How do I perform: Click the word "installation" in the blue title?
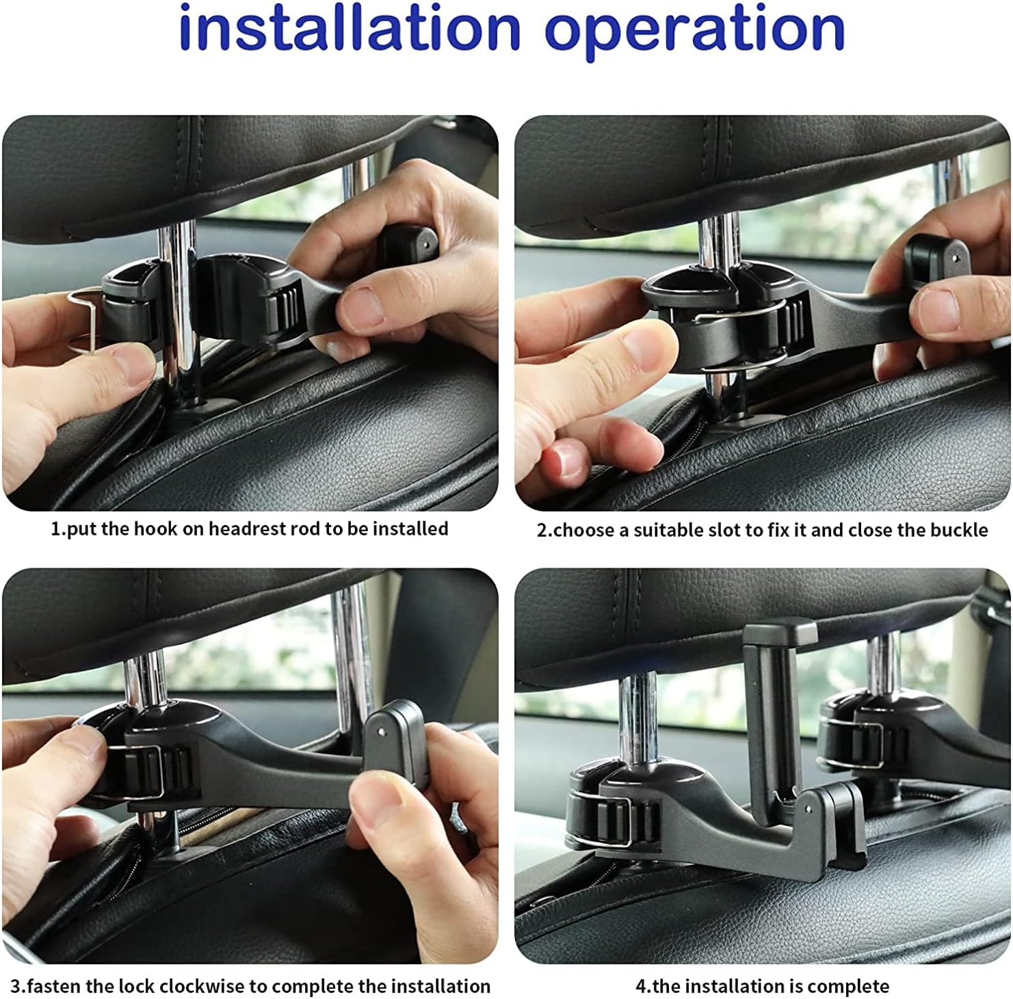coord(350,28)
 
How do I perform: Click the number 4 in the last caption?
coord(641,987)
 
